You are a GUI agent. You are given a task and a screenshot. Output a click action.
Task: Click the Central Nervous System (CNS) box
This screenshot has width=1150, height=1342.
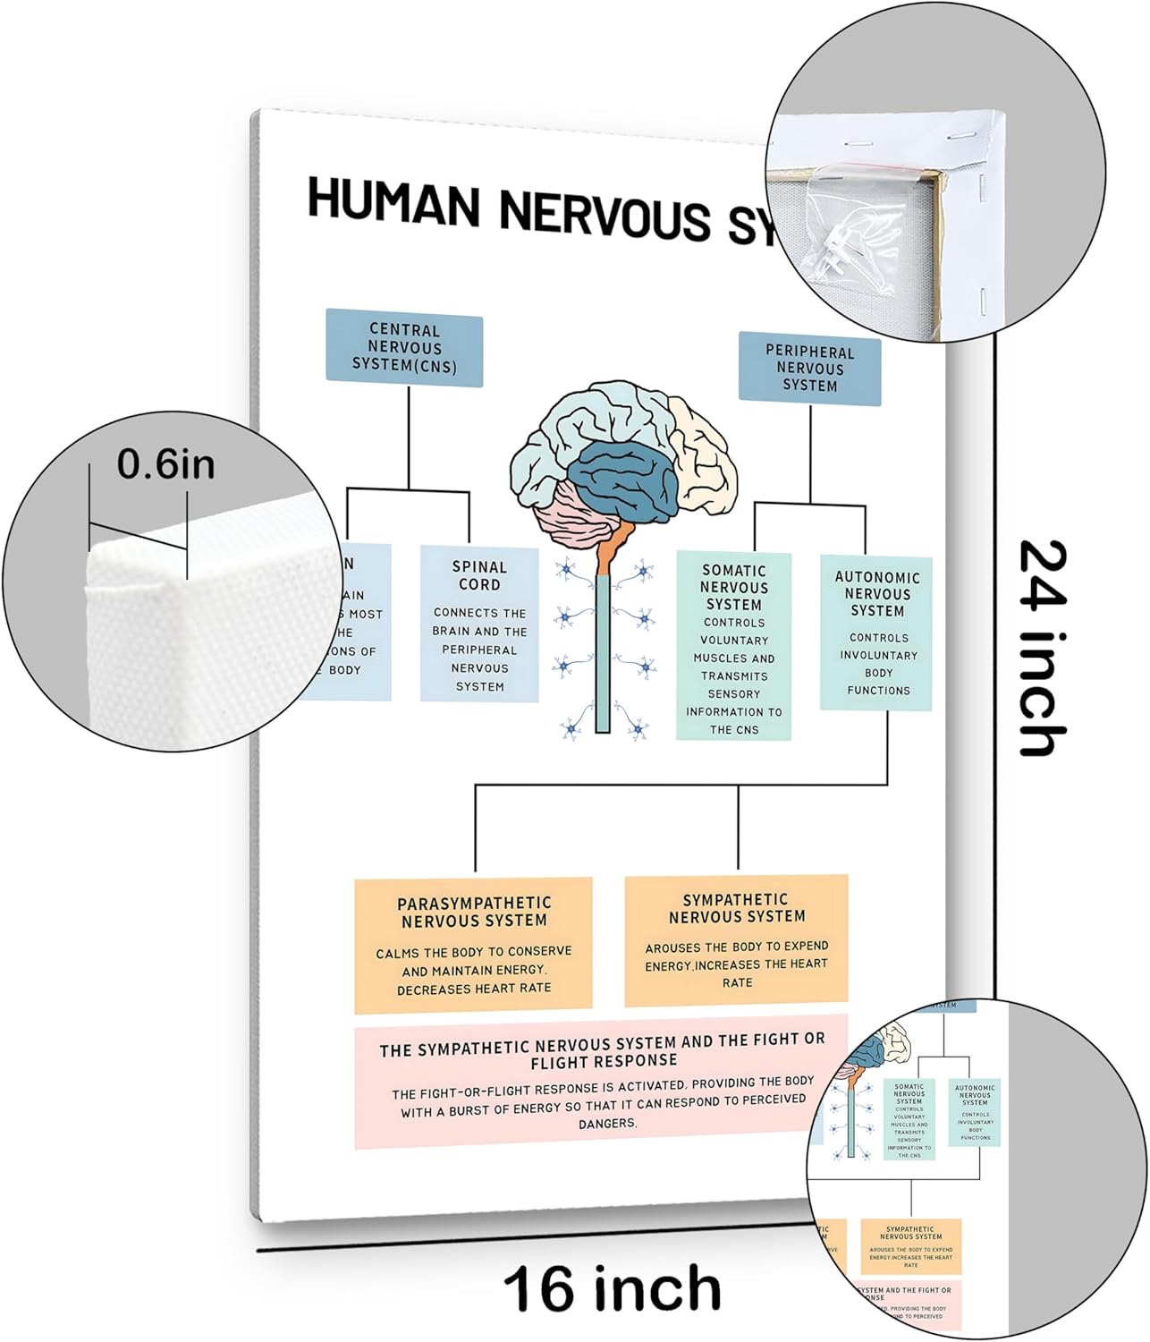click(x=404, y=348)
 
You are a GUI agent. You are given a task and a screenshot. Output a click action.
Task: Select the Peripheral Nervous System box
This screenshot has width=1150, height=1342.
click(x=809, y=369)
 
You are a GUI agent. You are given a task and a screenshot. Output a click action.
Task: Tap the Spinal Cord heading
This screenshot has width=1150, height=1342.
click(x=479, y=575)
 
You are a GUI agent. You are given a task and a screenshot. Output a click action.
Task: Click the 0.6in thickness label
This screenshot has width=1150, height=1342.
click(x=165, y=464)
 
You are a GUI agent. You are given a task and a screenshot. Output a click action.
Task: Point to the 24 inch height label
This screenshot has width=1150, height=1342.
click(x=1043, y=648)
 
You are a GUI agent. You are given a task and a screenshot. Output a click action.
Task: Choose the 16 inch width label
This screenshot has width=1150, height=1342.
click(x=612, y=1289)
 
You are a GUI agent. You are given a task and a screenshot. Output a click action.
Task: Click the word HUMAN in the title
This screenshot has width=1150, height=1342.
click(x=393, y=202)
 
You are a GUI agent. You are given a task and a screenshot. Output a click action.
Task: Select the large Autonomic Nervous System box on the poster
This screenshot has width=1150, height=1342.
click(x=876, y=633)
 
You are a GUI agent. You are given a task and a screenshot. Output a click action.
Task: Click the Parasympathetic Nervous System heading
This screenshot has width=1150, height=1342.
click(x=474, y=912)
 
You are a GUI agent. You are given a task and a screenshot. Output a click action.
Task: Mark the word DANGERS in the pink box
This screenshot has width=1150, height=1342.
click(x=606, y=1123)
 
